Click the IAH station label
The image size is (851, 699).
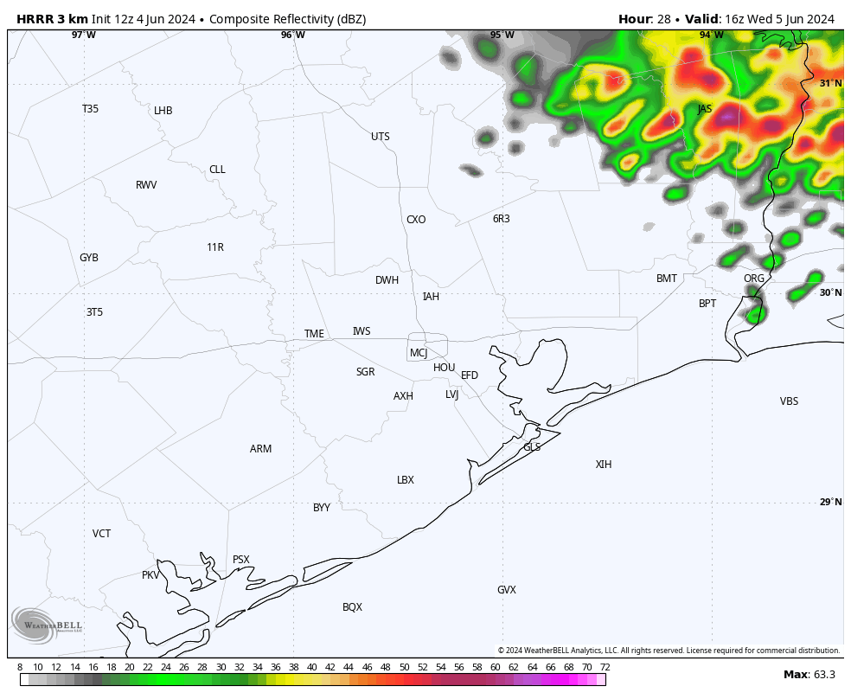[x=431, y=297]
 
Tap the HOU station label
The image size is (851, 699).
[x=444, y=368]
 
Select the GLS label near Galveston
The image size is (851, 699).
[x=532, y=447]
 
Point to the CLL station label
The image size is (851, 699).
[x=217, y=170]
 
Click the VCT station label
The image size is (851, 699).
[x=102, y=534]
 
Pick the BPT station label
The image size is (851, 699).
[x=707, y=304]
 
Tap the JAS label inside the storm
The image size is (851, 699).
[x=705, y=109]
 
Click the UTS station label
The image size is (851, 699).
[x=381, y=137]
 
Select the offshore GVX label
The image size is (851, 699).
[x=507, y=590]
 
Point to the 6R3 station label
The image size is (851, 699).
[x=502, y=219]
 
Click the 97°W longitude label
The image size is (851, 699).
[x=84, y=35]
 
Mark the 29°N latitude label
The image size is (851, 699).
[x=830, y=503]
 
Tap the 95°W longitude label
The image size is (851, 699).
[x=502, y=35]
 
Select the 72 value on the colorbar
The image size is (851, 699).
[x=605, y=667]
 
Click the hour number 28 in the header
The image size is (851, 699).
[x=662, y=19]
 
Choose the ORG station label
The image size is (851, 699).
[x=754, y=279]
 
